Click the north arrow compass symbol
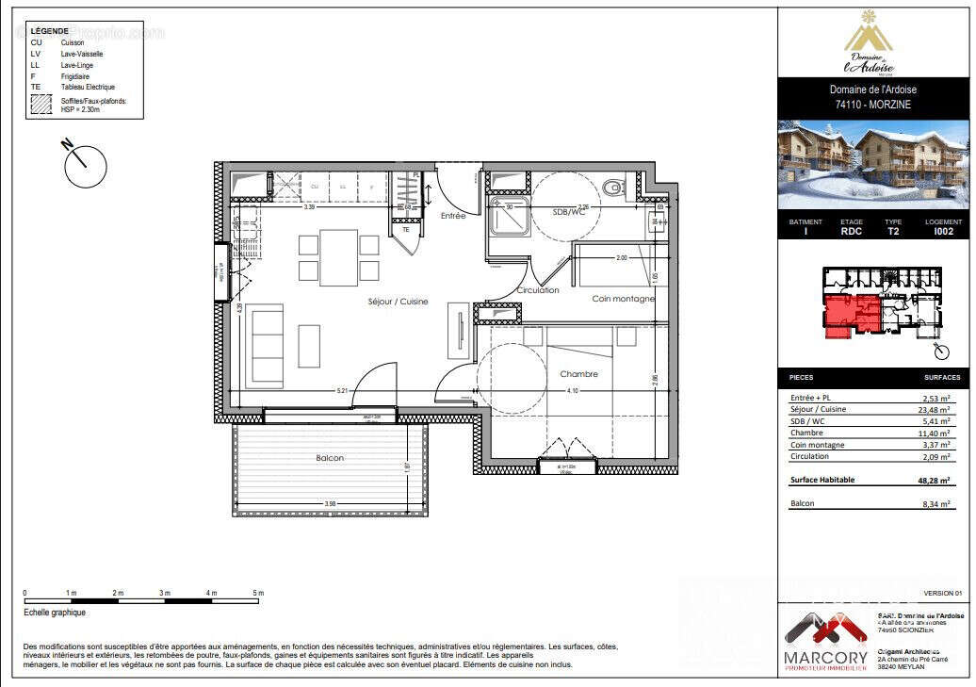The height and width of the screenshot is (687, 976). pyautogui.click(x=85, y=165)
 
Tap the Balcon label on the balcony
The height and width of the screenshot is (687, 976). pyautogui.click(x=330, y=458)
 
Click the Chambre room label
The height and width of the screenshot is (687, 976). pyautogui.click(x=578, y=374)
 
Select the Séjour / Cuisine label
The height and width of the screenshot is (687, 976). pyautogui.click(x=398, y=302)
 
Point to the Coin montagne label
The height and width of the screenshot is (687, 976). pyautogui.click(x=623, y=299)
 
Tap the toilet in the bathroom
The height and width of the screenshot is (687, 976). pyautogui.click(x=614, y=187)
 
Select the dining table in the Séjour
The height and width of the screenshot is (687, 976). pyautogui.click(x=338, y=257)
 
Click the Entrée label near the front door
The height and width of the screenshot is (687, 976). pyautogui.click(x=453, y=216)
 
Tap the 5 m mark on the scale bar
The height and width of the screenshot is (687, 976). pyautogui.click(x=258, y=593)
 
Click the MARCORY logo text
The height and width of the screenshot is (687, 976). pyautogui.click(x=826, y=657)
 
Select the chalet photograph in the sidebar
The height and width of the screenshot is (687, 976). pyautogui.click(x=872, y=165)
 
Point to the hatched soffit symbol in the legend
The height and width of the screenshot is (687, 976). pyautogui.click(x=41, y=105)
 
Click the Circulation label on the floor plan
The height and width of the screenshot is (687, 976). pyautogui.click(x=538, y=290)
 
